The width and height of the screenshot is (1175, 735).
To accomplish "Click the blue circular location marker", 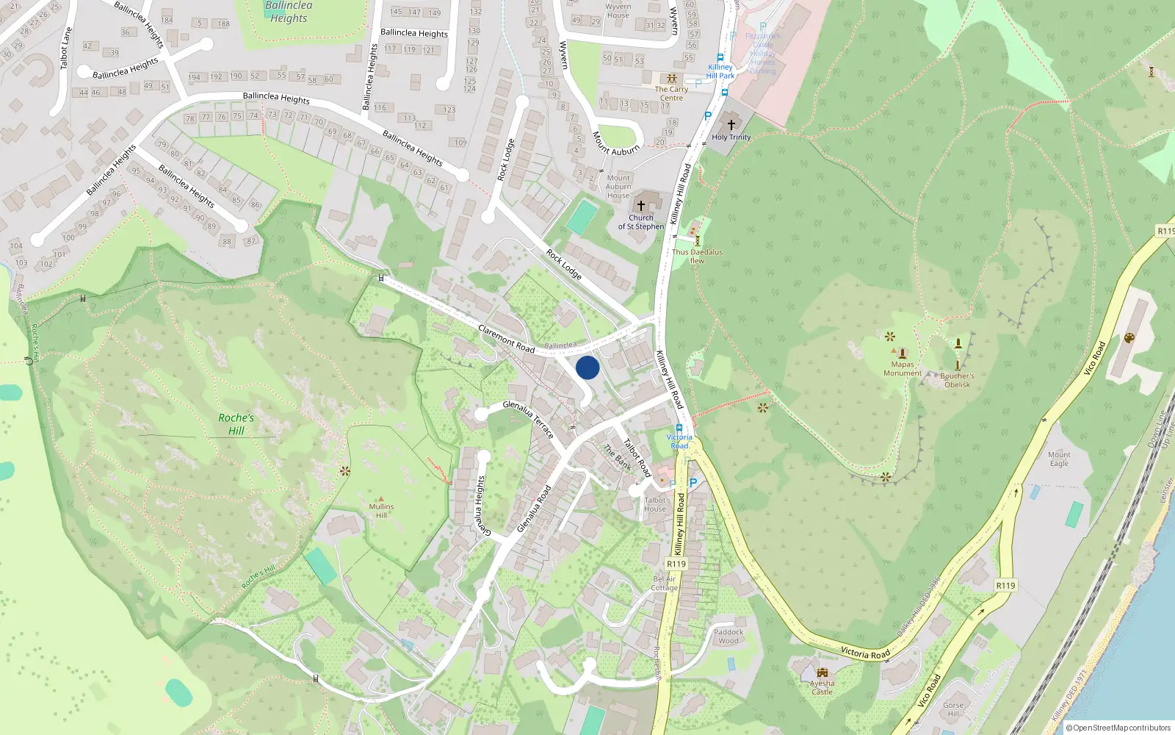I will pyautogui.click(x=587, y=367).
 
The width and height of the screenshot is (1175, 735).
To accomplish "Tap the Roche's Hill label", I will pyautogui.click(x=236, y=424).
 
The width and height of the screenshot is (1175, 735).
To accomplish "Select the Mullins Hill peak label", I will pyautogui.click(x=381, y=510).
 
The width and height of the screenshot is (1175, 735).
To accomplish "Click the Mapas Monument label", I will pyautogui.click(x=903, y=368).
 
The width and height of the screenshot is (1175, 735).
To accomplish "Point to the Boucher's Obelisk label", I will pyautogui.click(x=957, y=380).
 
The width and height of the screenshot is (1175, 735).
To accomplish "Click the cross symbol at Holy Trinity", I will pyautogui.click(x=731, y=124).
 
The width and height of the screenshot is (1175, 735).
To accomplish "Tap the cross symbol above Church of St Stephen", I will pyautogui.click(x=640, y=206).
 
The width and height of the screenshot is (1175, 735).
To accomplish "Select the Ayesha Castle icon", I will pyautogui.click(x=822, y=673).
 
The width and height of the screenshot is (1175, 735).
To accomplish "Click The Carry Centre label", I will pyautogui.click(x=671, y=93).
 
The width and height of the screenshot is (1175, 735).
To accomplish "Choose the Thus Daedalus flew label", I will pyautogui.click(x=697, y=256).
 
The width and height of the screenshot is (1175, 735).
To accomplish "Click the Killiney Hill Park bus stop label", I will pyautogui.click(x=720, y=71).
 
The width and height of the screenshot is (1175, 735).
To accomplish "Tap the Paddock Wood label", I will pyautogui.click(x=728, y=636).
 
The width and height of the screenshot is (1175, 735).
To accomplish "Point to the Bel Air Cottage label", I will pyautogui.click(x=665, y=583).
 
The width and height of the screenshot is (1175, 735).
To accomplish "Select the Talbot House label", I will pyautogui.click(x=655, y=504).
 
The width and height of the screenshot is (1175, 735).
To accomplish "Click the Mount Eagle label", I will pyautogui.click(x=1059, y=459).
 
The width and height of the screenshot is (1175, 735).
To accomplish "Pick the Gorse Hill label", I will pyautogui.click(x=953, y=709).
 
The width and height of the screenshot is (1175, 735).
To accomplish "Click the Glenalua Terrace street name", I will pyautogui.click(x=529, y=419).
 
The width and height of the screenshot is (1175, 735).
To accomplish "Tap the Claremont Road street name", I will pyautogui.click(x=506, y=338).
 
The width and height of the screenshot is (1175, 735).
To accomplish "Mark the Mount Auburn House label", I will pyautogui.click(x=618, y=187).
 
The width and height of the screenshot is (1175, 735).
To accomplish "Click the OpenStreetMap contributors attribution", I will pyautogui.click(x=1118, y=728).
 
